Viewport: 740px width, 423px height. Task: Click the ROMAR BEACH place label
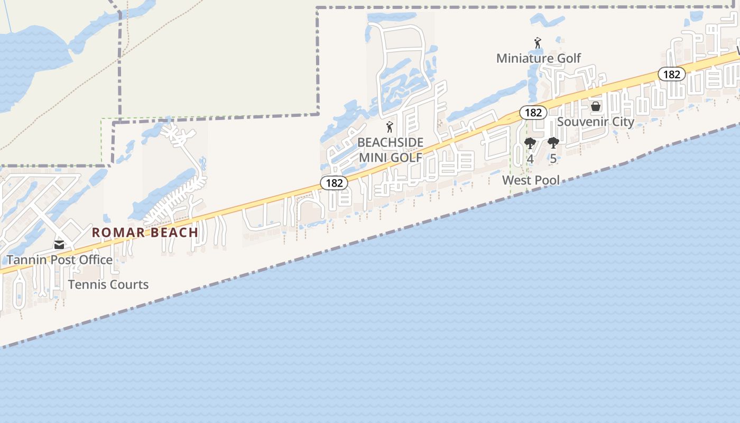coord(145,232)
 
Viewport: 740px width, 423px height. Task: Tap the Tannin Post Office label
coord(59,260)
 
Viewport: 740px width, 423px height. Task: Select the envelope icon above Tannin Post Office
coord(59,245)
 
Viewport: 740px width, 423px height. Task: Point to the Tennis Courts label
coord(108,284)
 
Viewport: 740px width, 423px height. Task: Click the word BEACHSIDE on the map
coord(391,142)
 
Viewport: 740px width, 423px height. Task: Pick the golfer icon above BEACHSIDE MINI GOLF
coord(390,127)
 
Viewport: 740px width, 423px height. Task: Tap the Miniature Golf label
coord(539,58)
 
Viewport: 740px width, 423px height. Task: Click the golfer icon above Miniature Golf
coord(538,43)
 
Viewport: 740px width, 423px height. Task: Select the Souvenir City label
coord(596,122)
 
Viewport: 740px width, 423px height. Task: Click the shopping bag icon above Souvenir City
coord(596,106)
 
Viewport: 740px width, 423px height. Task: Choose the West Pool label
coord(531,180)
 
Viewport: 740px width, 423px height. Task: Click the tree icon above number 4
coord(530,143)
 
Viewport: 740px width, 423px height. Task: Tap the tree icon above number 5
coord(553,143)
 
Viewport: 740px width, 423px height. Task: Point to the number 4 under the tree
coord(530,159)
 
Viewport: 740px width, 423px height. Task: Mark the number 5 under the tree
coord(553,159)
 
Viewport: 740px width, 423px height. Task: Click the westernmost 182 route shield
coord(334,183)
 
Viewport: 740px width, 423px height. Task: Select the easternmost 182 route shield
coord(671,75)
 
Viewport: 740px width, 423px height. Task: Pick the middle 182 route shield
coord(533,113)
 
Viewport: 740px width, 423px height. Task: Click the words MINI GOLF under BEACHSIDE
coord(391,158)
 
